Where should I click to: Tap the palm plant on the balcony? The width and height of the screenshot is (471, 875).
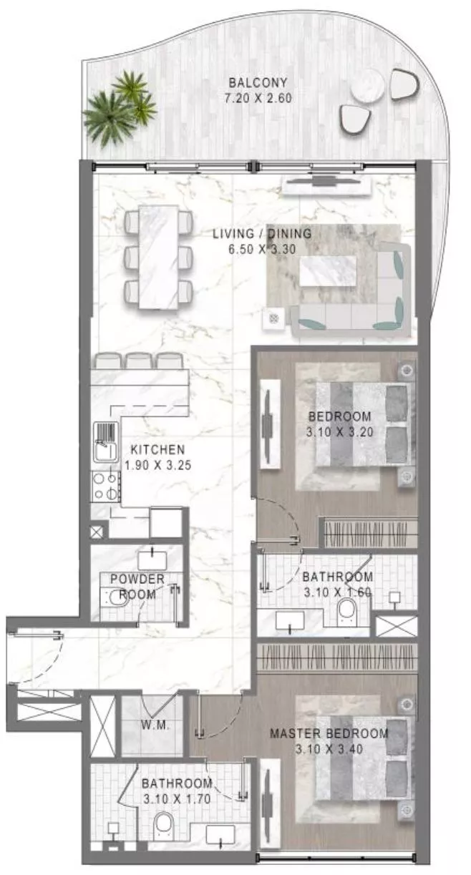[x=119, y=107]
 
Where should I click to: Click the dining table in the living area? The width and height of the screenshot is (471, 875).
[x=158, y=256]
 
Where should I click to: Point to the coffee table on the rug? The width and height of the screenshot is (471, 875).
[x=328, y=271]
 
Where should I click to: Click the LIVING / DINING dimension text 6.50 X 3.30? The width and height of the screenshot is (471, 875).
[x=261, y=248]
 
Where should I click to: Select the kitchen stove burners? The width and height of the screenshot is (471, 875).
[x=104, y=487]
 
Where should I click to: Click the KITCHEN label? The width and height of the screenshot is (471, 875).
[x=157, y=450]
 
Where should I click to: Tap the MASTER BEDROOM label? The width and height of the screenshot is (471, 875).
[x=329, y=733]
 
